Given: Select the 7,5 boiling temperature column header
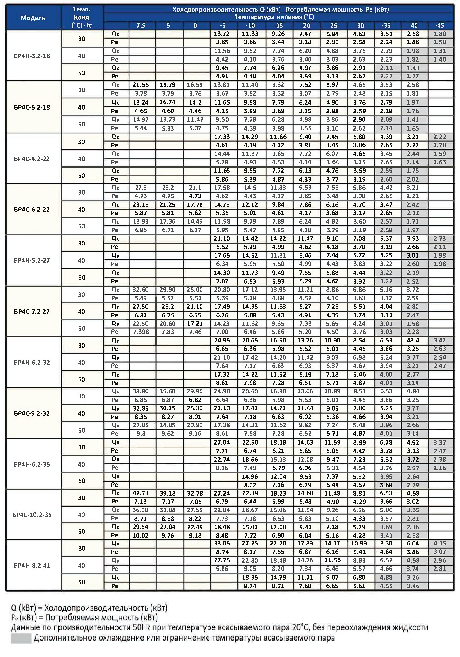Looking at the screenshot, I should pyautogui.click(x=141, y=26).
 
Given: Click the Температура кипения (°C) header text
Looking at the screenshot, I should pyautogui.click(x=274, y=17).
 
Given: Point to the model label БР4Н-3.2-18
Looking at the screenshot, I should pyautogui.click(x=32, y=56).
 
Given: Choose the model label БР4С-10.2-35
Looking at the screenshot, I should pyautogui.click(x=32, y=515).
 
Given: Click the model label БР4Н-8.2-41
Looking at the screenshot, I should pyautogui.click(x=32, y=566).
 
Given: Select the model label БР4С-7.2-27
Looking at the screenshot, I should pyautogui.click(x=32, y=312).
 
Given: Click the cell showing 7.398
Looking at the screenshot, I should pyautogui.click(x=140, y=332).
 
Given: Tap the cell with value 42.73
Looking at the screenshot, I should pyautogui.click(x=140, y=493).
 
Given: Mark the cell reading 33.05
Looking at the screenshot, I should pyautogui.click(x=222, y=543).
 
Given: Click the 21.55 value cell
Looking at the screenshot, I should pyautogui.click(x=140, y=85).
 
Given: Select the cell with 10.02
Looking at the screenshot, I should pyautogui.click(x=140, y=536).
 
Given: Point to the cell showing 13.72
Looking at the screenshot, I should pyautogui.click(x=222, y=34).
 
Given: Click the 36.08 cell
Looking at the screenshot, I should pyautogui.click(x=140, y=510).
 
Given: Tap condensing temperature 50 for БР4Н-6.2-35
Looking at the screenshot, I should pyautogui.click(x=82, y=481).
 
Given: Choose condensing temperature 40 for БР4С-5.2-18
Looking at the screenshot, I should pyautogui.click(x=82, y=107).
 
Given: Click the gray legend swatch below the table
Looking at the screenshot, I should pyautogui.click(x=21, y=638).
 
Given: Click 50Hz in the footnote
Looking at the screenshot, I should pyautogui.click(x=141, y=628).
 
